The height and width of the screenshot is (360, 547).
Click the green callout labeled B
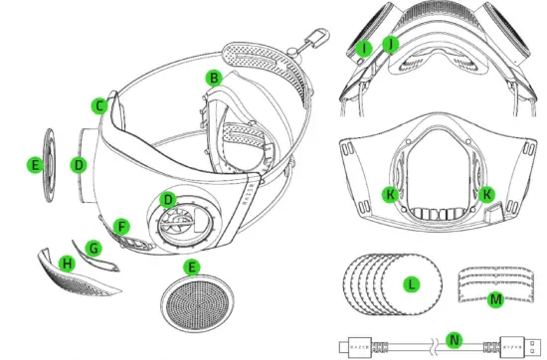coord(212,78)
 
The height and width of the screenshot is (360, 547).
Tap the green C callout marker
coord(98,104)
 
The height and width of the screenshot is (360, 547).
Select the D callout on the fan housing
coord(169,200)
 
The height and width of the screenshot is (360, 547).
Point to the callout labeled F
coord(121,226)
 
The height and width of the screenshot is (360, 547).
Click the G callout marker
coord(94,246)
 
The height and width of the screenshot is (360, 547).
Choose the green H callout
coord(67,263)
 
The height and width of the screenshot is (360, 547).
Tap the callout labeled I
coord(366,47)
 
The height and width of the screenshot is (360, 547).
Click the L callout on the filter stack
coord(410,283)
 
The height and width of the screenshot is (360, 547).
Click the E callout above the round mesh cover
coord(192,267)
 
